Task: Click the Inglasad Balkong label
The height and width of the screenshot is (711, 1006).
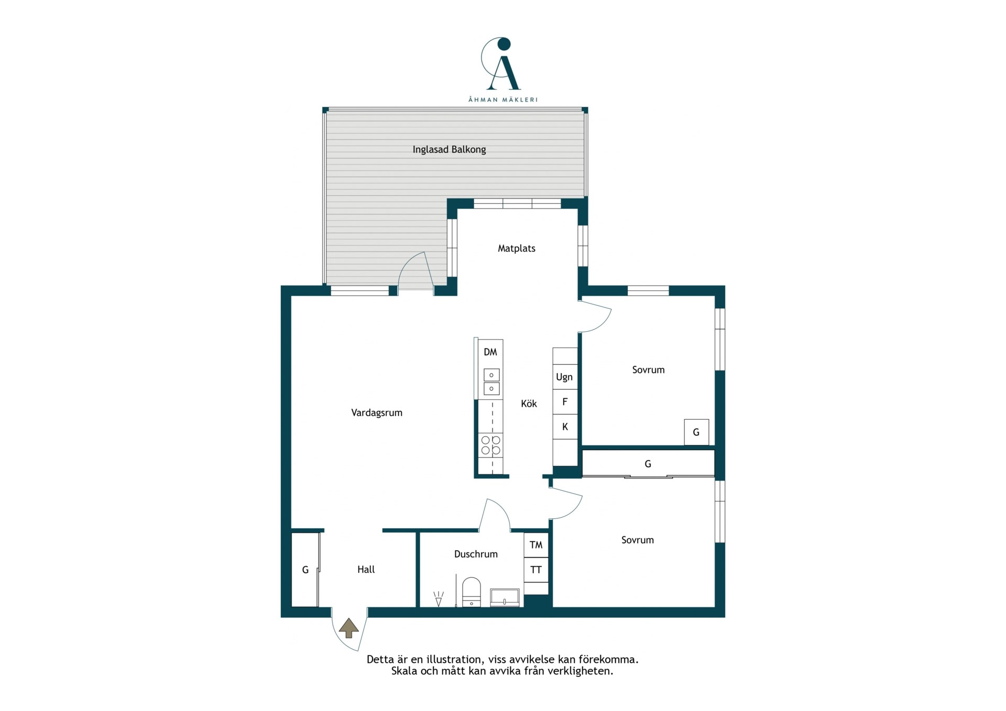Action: click(449, 150)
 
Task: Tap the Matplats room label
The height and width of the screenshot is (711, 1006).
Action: click(517, 248)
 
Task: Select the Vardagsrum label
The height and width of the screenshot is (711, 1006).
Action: click(377, 413)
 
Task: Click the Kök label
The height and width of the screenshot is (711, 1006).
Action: click(529, 403)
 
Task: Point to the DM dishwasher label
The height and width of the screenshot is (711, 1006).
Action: click(490, 352)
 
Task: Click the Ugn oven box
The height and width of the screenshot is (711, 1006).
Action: click(565, 377)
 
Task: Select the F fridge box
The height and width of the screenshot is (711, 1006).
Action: click(565, 402)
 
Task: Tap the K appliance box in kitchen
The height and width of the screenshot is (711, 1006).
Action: click(565, 427)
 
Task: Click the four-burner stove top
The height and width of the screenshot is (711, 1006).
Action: click(491, 445)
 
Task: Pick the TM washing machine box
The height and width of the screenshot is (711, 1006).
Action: click(536, 545)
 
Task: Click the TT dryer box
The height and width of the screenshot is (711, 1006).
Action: click(536, 570)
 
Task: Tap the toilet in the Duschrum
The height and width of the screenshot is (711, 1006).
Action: click(472, 592)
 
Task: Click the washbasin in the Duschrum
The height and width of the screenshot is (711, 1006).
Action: click(505, 598)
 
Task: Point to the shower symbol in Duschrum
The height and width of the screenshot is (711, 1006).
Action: click(439, 599)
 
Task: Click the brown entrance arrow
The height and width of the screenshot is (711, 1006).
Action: click(349, 628)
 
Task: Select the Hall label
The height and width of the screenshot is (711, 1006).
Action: click(366, 570)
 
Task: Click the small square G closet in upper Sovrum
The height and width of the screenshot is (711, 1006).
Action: click(696, 432)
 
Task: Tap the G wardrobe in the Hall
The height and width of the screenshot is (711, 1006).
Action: click(305, 570)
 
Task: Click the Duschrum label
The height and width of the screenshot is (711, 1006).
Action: click(476, 554)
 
